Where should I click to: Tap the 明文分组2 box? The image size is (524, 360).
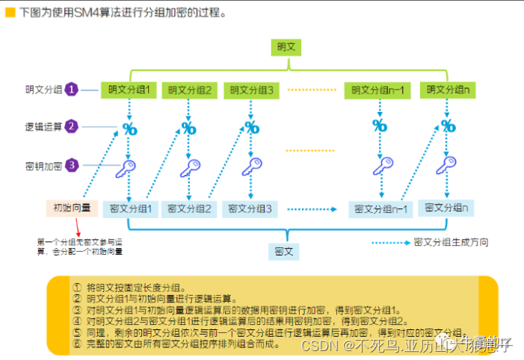[190, 90]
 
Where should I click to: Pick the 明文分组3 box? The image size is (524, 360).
[250, 90]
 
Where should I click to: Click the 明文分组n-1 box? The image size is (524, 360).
[379, 90]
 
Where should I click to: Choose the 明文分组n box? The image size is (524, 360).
[448, 90]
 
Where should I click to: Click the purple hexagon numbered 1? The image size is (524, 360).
[73, 90]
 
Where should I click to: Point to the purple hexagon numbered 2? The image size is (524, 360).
[73, 126]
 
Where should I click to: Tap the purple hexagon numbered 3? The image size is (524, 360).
[73, 164]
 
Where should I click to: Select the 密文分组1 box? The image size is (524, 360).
[131, 208]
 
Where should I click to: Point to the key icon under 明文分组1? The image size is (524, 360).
[128, 168]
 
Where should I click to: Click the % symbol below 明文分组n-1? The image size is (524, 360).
[380, 125]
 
